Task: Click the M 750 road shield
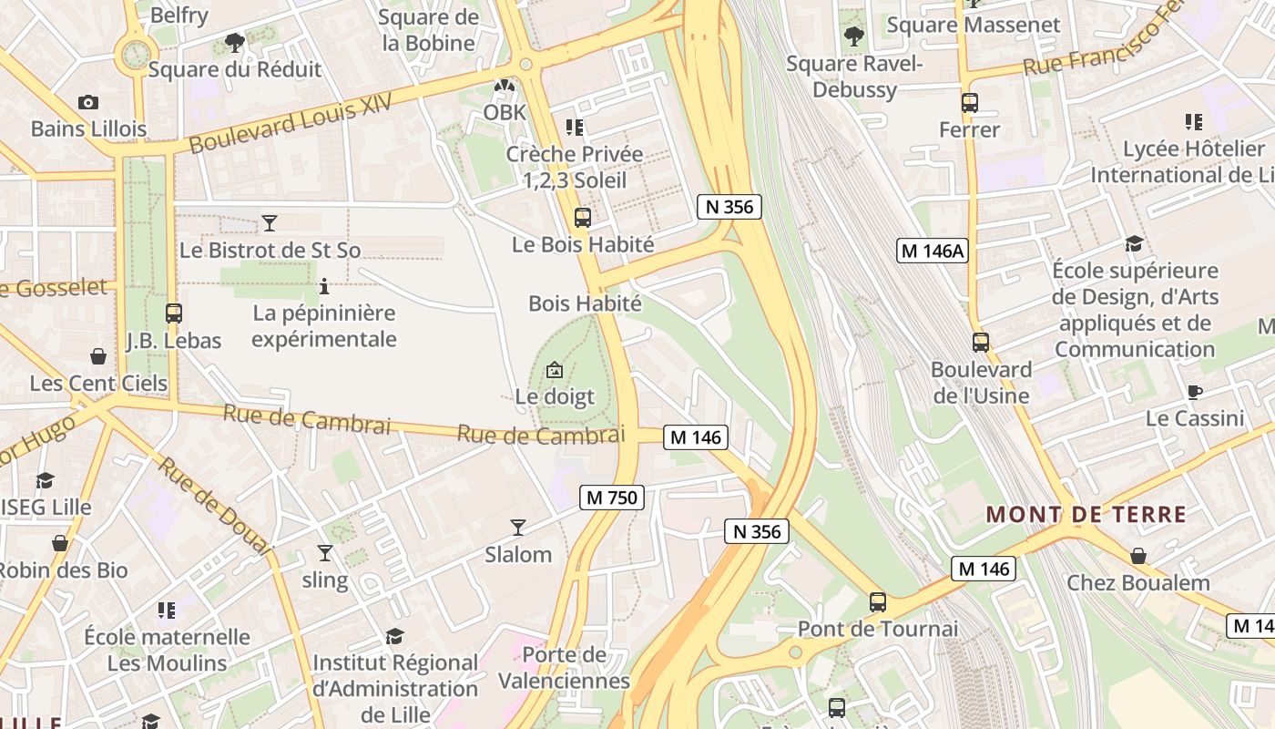coord(612,498)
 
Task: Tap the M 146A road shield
coord(932,252)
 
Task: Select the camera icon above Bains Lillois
coord(88,102)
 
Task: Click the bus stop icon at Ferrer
coord(970,103)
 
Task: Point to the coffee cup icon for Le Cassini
coord(1195,392)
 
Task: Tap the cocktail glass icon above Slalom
coord(518,527)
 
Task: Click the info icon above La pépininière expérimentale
coord(325,286)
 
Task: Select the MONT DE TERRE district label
coord(1086,514)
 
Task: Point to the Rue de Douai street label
coord(215,505)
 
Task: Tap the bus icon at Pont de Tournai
coord(878,601)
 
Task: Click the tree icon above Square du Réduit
coord(235,42)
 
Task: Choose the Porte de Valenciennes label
coord(565,667)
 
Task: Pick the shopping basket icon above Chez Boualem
coord(1138,555)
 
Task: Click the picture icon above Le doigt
coord(554,370)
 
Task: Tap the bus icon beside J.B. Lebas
coord(174,313)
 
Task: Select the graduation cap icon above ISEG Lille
coord(45,480)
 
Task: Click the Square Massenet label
coord(974,25)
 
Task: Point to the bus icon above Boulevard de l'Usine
coord(981,343)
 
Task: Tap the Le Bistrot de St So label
coord(270,250)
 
